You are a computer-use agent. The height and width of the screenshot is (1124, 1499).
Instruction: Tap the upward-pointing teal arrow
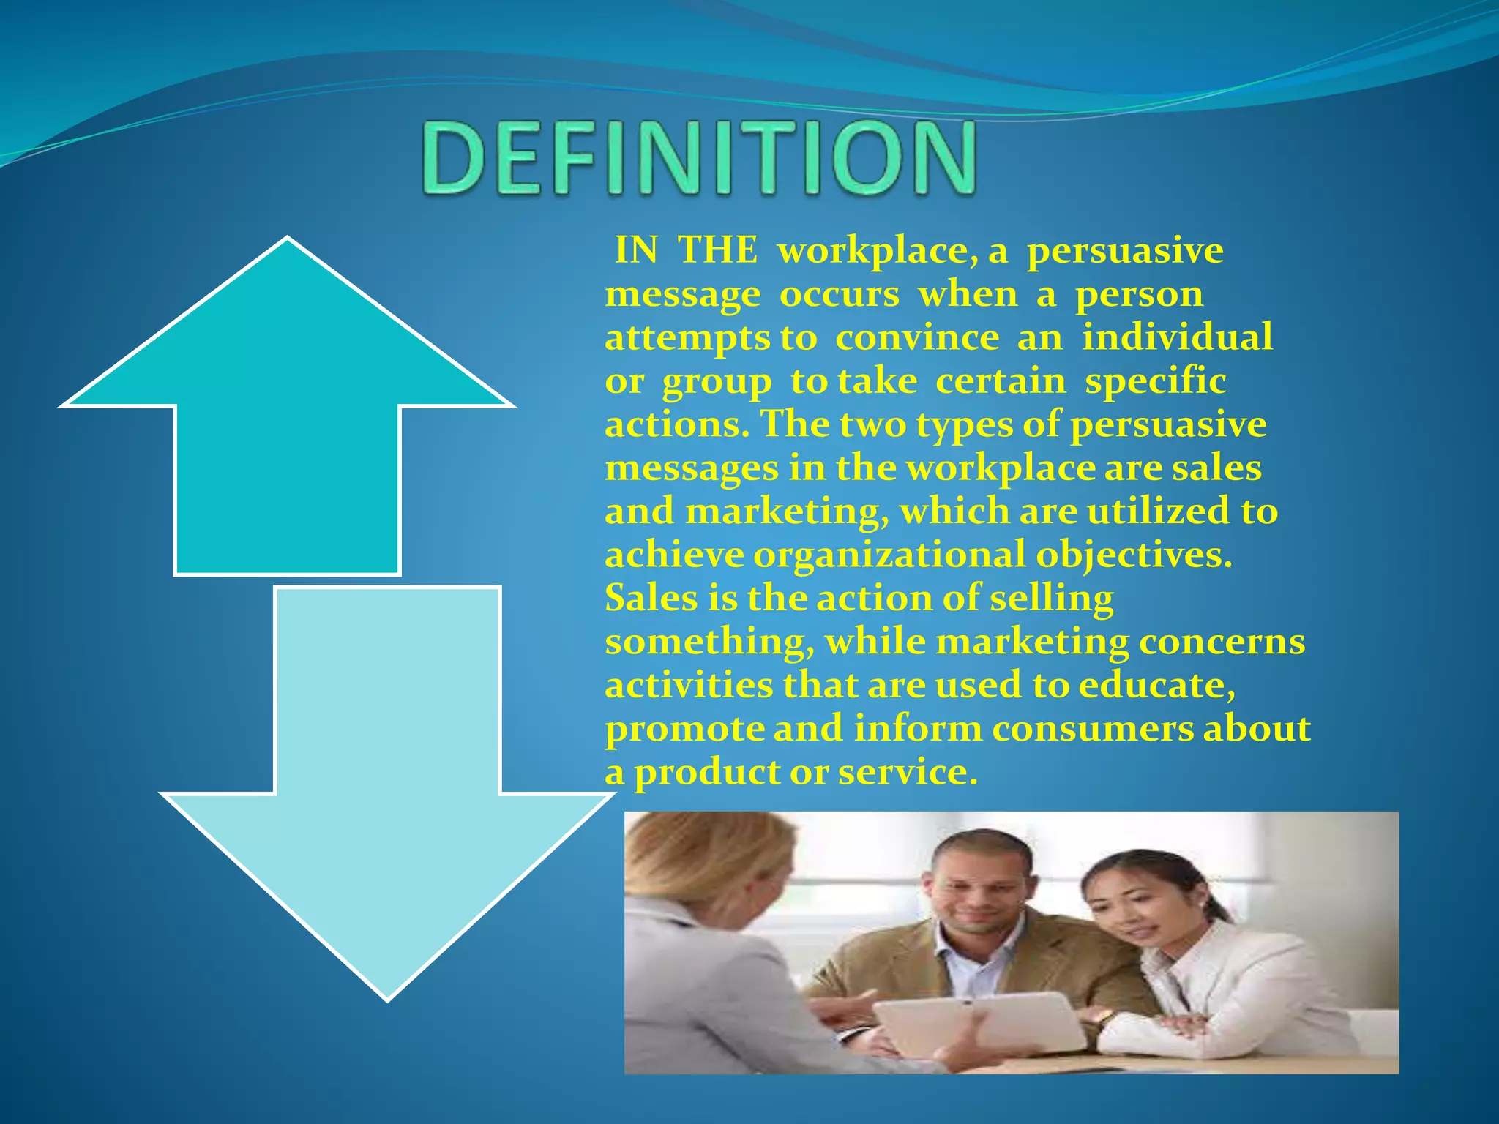coord(288,410)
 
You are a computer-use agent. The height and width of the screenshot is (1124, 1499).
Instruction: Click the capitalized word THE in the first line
coord(718,250)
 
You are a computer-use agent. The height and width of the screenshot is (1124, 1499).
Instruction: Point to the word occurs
coord(839,294)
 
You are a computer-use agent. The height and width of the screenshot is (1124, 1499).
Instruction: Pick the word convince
coord(917,337)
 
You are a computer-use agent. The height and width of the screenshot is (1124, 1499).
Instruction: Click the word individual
coord(1177,337)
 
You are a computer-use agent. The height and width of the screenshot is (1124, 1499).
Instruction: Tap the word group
coord(717,383)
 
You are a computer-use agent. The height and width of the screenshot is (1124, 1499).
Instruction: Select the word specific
coord(1155,381)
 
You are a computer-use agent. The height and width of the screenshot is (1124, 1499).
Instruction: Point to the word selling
coord(1052,599)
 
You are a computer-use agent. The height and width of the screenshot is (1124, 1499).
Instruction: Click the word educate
coord(1156,686)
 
